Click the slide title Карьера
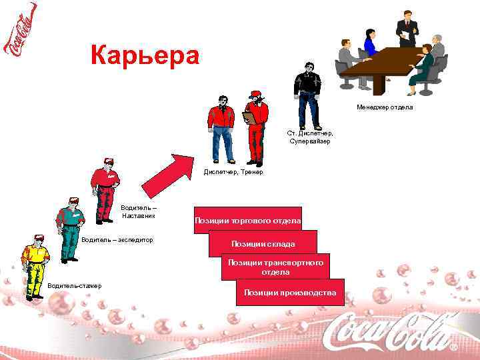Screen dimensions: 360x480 [144, 55]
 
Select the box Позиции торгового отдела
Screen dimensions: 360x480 [247, 221]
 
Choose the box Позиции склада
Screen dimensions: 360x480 [263, 243]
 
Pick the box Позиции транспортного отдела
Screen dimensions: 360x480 [275, 267]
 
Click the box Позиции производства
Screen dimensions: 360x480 [290, 292]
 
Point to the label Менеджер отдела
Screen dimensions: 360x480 [385, 107]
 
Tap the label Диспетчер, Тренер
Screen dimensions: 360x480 [233, 172]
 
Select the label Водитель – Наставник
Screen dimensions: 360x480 [138, 211]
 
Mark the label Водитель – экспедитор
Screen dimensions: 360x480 [117, 239]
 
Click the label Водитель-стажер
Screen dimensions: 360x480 [75, 286]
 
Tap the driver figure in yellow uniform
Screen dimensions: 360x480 [34, 266]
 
